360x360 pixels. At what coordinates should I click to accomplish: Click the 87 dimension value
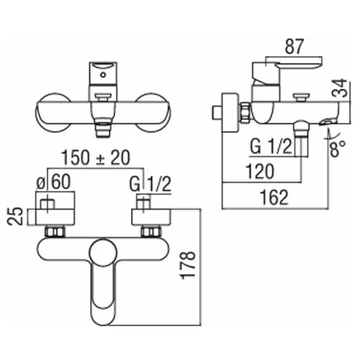(x=294, y=46)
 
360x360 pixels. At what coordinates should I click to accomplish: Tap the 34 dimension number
(x=340, y=88)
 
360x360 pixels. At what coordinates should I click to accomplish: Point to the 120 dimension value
(x=260, y=171)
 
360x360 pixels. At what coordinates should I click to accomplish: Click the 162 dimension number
(x=274, y=197)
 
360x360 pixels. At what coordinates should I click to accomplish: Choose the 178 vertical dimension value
(x=188, y=266)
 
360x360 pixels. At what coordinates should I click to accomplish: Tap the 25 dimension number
(x=15, y=216)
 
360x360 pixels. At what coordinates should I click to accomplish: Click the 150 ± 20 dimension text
(x=96, y=158)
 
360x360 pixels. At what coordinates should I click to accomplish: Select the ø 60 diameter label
(x=53, y=181)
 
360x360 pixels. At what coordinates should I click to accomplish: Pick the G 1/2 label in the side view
(x=271, y=147)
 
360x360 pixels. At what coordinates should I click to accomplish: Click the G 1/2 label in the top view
(x=150, y=184)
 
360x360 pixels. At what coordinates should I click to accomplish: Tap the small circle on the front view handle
(x=103, y=75)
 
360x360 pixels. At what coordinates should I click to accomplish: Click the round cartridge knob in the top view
(x=103, y=253)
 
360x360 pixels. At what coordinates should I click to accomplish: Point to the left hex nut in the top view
(x=55, y=232)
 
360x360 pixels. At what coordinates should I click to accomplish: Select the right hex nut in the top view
(x=150, y=232)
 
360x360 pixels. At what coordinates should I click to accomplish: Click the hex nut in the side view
(x=246, y=113)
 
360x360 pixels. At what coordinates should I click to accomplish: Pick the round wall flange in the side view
(x=230, y=112)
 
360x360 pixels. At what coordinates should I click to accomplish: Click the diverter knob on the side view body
(x=300, y=97)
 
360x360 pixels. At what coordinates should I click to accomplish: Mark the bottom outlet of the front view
(x=103, y=130)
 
